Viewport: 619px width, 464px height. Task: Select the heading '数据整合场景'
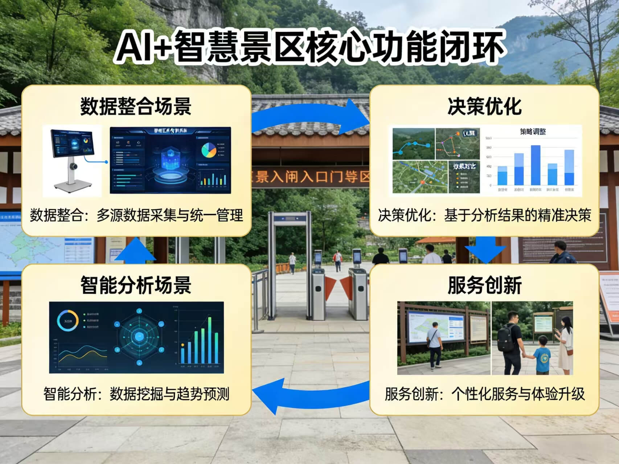[136, 106]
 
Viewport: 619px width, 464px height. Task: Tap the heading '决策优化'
[484, 106]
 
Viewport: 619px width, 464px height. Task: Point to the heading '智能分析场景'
[136, 285]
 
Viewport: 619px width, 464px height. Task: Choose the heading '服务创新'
[484, 285]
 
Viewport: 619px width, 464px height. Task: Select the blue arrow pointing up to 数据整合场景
[135, 250]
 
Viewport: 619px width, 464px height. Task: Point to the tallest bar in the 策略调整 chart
[536, 165]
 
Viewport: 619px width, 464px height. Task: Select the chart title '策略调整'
[533, 132]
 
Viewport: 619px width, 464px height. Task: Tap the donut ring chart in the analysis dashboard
[67, 321]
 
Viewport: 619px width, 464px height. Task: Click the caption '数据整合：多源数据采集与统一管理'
[136, 215]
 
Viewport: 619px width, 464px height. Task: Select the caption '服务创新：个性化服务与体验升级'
[484, 394]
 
